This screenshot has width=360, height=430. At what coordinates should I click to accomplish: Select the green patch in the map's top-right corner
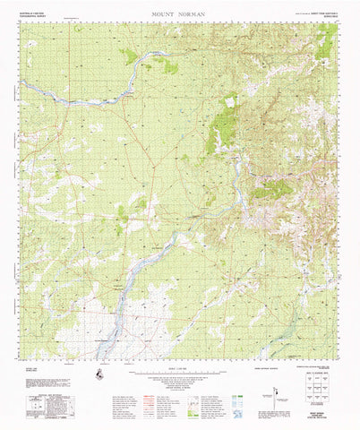tap(328, 40)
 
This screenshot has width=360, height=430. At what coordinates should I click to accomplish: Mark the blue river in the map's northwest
tap(72, 99)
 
